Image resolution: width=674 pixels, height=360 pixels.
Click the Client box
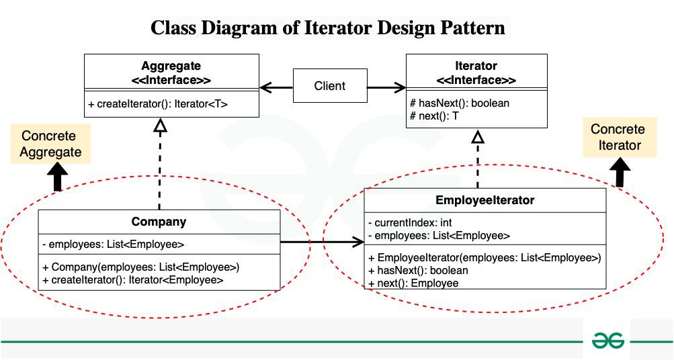(x=330, y=86)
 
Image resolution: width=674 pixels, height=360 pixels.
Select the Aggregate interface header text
(x=171, y=73)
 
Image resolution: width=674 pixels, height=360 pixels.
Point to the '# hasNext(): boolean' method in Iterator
(x=459, y=103)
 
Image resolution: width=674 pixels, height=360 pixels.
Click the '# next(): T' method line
(x=434, y=116)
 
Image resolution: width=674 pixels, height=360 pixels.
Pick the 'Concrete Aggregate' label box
(x=50, y=144)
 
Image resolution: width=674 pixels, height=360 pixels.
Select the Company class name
(x=159, y=222)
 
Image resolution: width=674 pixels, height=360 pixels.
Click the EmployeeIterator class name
(x=485, y=200)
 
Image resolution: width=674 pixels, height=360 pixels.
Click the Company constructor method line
(x=141, y=267)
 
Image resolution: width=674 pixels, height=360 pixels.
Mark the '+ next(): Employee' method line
(x=413, y=283)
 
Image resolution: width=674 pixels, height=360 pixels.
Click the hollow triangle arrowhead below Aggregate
(x=159, y=126)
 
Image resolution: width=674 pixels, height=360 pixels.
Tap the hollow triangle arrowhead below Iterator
(x=478, y=138)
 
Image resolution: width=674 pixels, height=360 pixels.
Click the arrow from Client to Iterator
(x=386, y=87)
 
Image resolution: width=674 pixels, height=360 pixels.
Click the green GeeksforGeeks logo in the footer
(x=607, y=341)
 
